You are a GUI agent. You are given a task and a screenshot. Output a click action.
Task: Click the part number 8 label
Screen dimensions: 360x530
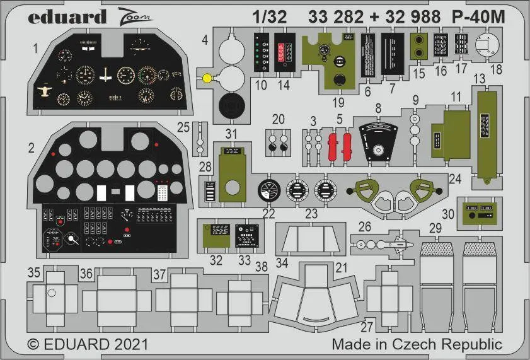tap(378, 108)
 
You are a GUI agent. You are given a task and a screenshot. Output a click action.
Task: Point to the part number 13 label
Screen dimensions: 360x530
tap(478, 78)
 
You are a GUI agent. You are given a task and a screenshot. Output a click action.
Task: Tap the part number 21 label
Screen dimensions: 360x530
tap(342, 267)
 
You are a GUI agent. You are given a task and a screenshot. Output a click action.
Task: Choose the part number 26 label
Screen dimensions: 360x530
tap(365, 226)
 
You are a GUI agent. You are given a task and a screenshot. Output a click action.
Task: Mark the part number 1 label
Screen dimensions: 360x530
tap(36, 47)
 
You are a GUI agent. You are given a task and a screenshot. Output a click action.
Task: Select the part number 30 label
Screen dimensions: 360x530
tap(448, 213)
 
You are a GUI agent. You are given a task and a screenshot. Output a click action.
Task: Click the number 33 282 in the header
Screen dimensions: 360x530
tap(336, 18)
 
